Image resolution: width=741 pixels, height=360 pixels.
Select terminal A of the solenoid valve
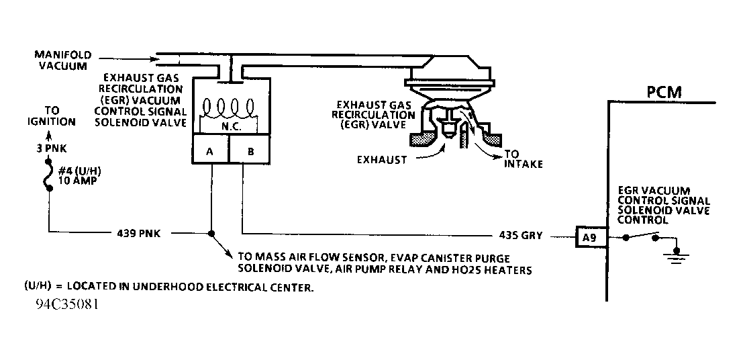[210, 151]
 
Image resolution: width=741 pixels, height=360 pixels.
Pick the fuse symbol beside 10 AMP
[48, 176]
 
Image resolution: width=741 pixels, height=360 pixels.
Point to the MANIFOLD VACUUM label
[62, 60]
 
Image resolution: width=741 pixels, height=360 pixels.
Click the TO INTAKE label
[522, 159]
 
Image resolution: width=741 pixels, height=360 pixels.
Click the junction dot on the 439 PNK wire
[211, 233]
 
